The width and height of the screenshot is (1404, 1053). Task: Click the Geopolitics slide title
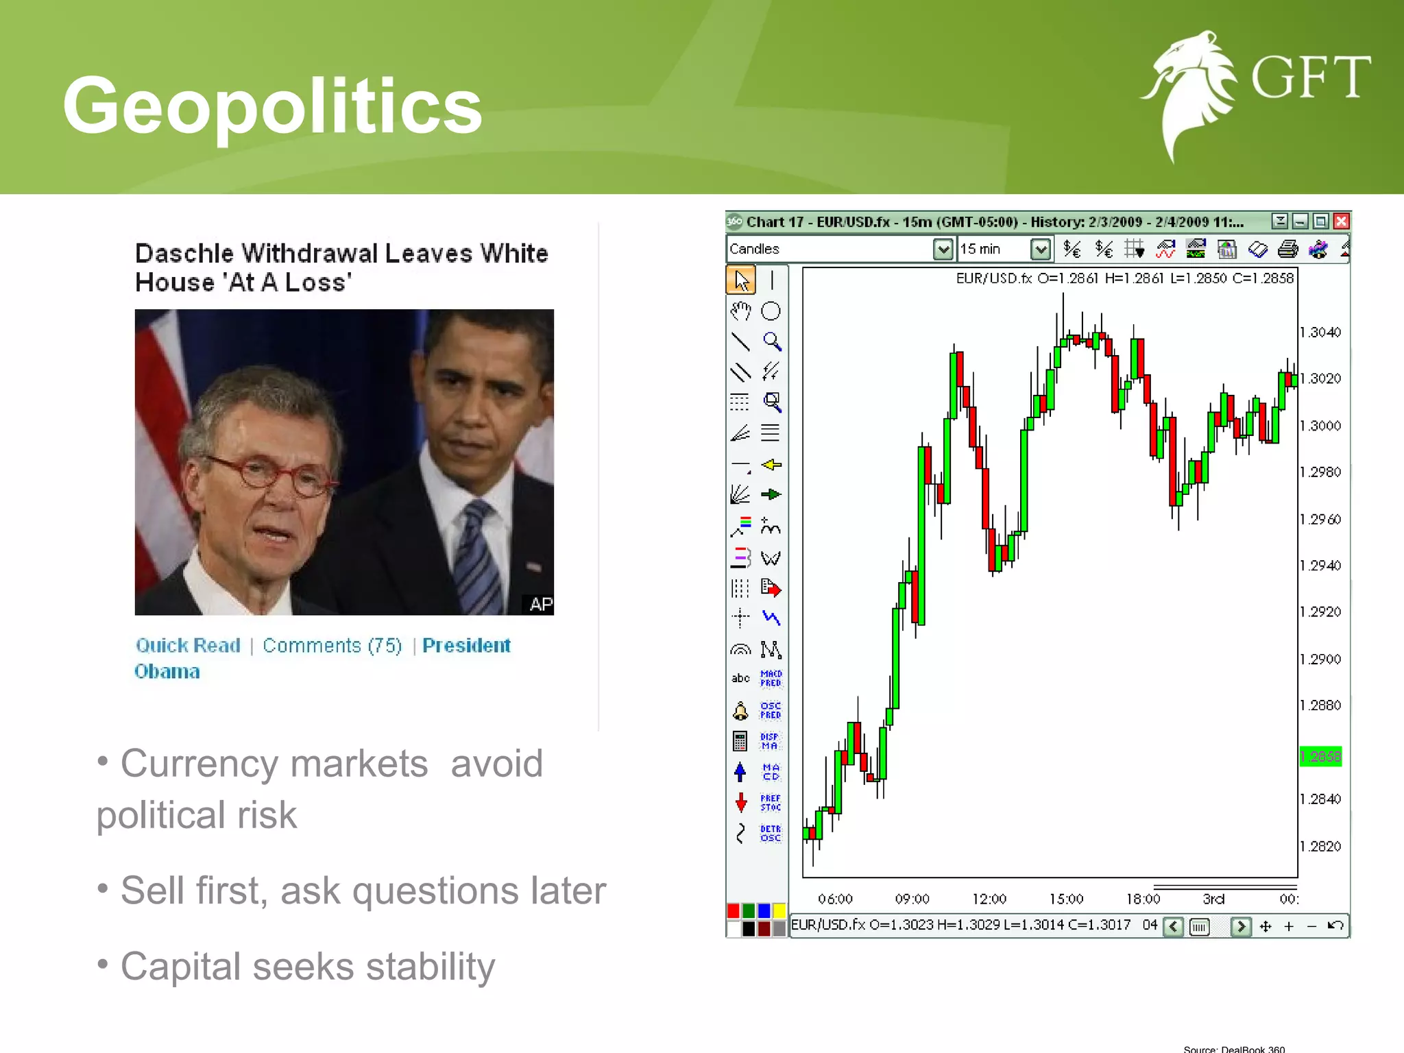(272, 106)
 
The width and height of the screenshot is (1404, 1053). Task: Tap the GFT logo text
(1310, 77)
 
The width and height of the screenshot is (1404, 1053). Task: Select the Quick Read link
(188, 645)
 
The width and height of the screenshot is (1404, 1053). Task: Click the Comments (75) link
(332, 645)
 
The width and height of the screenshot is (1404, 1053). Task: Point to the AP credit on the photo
(540, 604)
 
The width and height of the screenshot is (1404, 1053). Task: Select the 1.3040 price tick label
(1320, 332)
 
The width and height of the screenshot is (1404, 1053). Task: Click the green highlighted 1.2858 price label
(1320, 757)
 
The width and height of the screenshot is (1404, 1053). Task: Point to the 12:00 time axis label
(989, 899)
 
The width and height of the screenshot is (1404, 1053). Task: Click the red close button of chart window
(1342, 221)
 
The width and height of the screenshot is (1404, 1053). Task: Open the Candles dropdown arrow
(943, 249)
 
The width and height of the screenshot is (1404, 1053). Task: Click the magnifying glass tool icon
(772, 341)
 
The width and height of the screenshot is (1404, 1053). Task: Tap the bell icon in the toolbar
(740, 711)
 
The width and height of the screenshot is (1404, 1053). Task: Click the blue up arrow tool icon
(740, 772)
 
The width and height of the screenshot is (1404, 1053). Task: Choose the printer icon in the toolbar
(1287, 249)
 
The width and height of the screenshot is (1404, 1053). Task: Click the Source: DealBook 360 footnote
(1234, 1048)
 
